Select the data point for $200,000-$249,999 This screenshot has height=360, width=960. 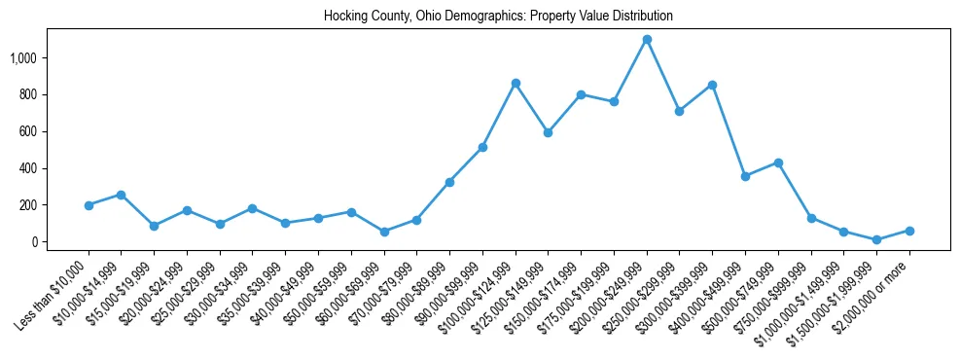tap(647, 39)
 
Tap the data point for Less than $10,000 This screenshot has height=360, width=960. tap(89, 205)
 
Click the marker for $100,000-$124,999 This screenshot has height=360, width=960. tap(516, 83)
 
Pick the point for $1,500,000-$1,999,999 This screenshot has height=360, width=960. tap(876, 239)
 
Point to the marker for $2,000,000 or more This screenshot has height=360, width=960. tap(909, 231)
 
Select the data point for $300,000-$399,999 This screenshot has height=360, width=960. tap(713, 85)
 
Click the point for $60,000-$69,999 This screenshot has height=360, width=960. tap(384, 232)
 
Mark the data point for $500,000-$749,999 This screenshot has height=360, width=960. tap(778, 162)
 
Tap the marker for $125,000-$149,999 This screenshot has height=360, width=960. tap(549, 132)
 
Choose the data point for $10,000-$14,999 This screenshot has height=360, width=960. tap(122, 195)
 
